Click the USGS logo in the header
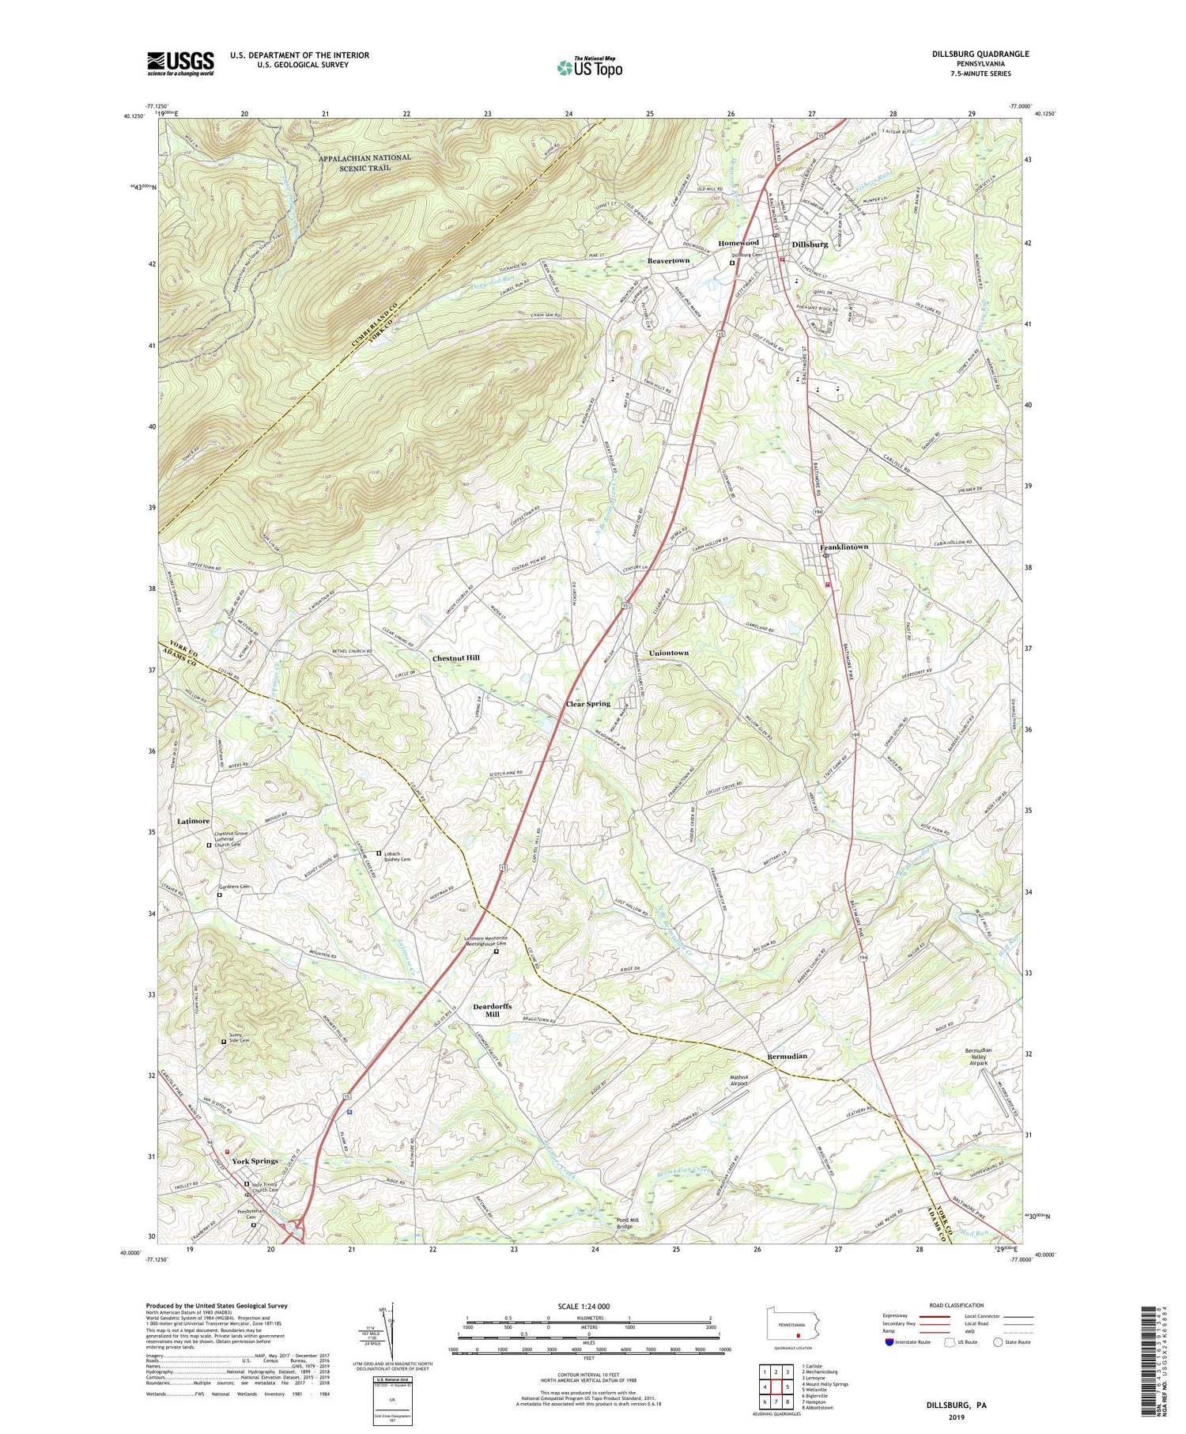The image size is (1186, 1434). point(180,63)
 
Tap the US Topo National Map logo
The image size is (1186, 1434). point(589,67)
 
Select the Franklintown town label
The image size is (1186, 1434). point(844,547)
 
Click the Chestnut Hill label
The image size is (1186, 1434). point(455,658)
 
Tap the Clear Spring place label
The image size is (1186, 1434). point(587,703)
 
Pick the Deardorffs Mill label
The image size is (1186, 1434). point(492,1010)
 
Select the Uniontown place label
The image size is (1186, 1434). point(669,653)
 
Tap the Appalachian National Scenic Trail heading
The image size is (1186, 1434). point(364,162)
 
